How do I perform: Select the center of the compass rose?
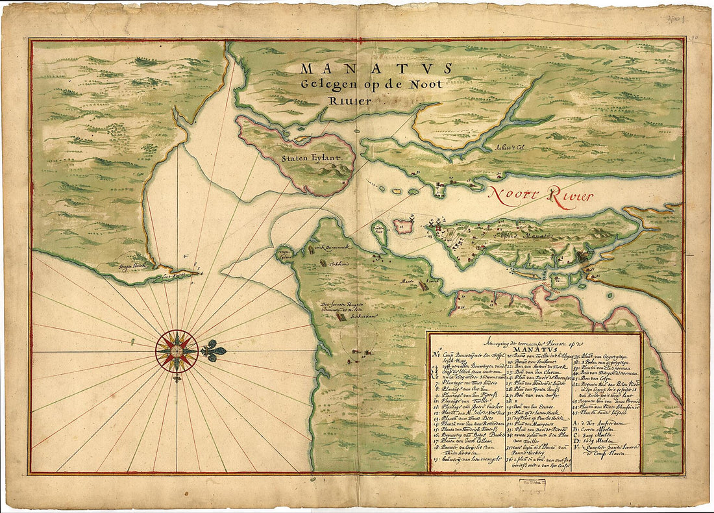click(177, 351)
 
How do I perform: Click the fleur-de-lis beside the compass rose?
click(214, 351)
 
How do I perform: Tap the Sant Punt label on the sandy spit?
click(179, 275)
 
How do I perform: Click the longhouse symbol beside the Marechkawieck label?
click(425, 285)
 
